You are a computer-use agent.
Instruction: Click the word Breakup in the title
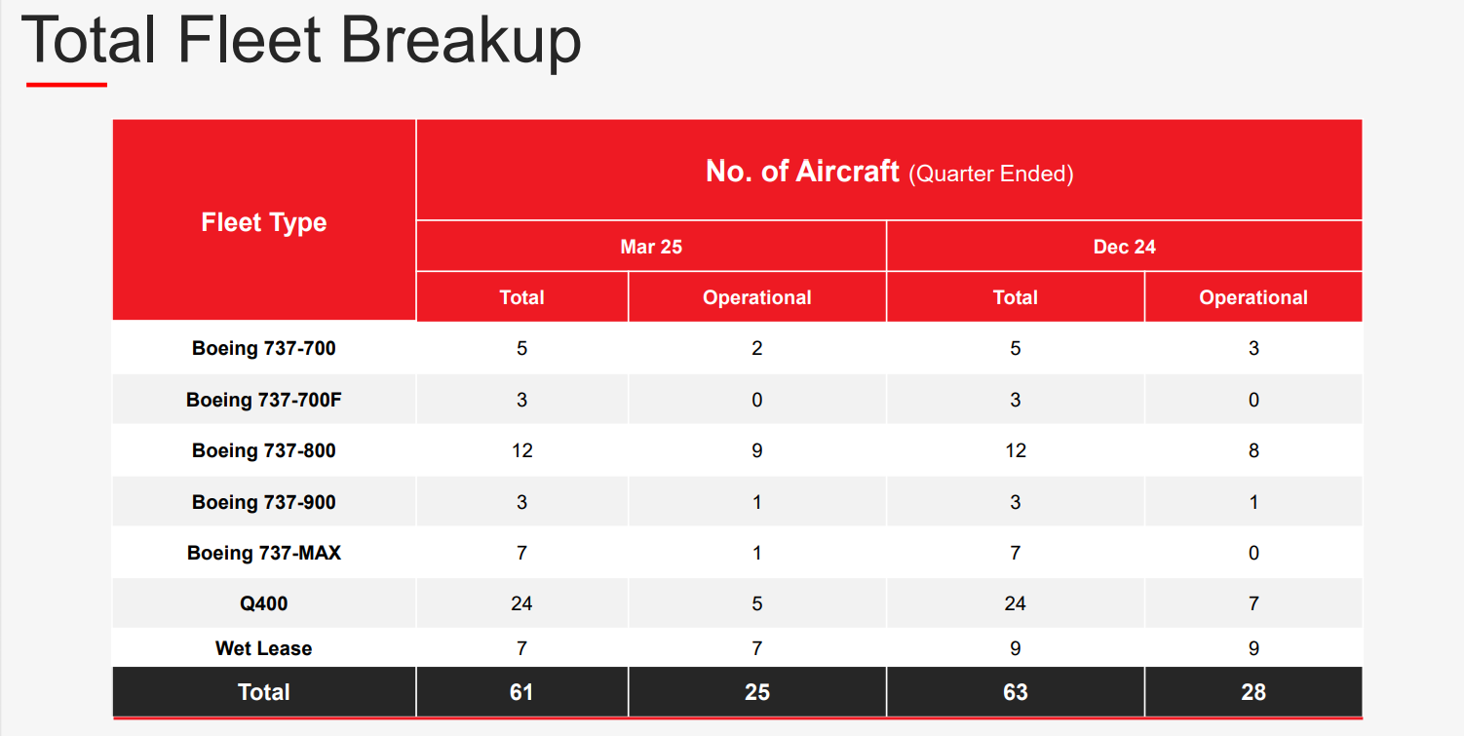click(461, 41)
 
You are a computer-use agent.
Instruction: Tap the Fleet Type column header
click(263, 222)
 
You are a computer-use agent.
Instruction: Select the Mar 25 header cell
click(651, 247)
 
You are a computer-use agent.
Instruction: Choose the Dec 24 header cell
click(1124, 247)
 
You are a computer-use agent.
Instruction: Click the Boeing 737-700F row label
click(263, 400)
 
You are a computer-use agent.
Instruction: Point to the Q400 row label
click(263, 603)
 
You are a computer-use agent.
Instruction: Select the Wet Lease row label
click(263, 647)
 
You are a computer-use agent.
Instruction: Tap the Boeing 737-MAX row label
click(263, 553)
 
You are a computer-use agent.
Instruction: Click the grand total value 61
click(520, 692)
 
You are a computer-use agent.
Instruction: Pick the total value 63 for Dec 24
click(1015, 692)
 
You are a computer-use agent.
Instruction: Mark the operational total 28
click(1252, 692)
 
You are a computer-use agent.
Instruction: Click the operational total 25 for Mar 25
click(756, 692)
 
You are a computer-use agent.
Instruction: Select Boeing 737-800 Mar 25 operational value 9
click(756, 450)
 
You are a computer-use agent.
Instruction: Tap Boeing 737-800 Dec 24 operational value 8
click(1252, 450)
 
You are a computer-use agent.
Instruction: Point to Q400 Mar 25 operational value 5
click(756, 603)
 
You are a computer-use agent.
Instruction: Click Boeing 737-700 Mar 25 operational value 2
click(756, 348)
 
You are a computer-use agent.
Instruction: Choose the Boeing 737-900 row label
click(263, 502)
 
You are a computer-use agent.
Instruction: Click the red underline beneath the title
click(66, 84)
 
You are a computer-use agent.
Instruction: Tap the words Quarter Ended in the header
click(991, 174)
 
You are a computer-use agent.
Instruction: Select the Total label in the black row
click(263, 692)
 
